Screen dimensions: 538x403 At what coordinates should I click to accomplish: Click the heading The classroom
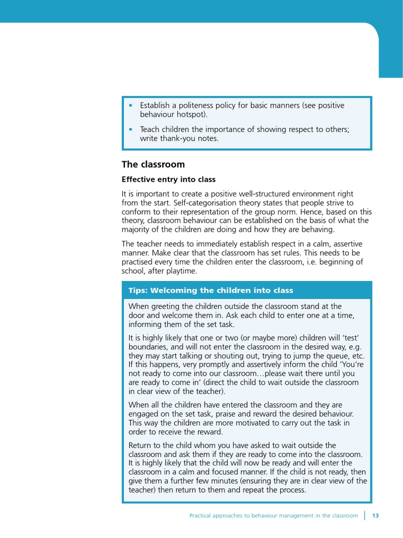[x=153, y=164]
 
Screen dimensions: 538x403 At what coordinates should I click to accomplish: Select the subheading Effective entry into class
[x=168, y=180]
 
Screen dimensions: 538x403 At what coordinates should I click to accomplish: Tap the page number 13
[x=375, y=516]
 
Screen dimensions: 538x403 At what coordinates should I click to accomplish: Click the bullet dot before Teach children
[x=131, y=129]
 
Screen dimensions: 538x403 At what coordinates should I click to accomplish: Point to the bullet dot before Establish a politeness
[x=131, y=106]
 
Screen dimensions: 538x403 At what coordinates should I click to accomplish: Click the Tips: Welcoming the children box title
[x=211, y=291]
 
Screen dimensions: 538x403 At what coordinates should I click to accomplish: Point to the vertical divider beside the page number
[x=365, y=515]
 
